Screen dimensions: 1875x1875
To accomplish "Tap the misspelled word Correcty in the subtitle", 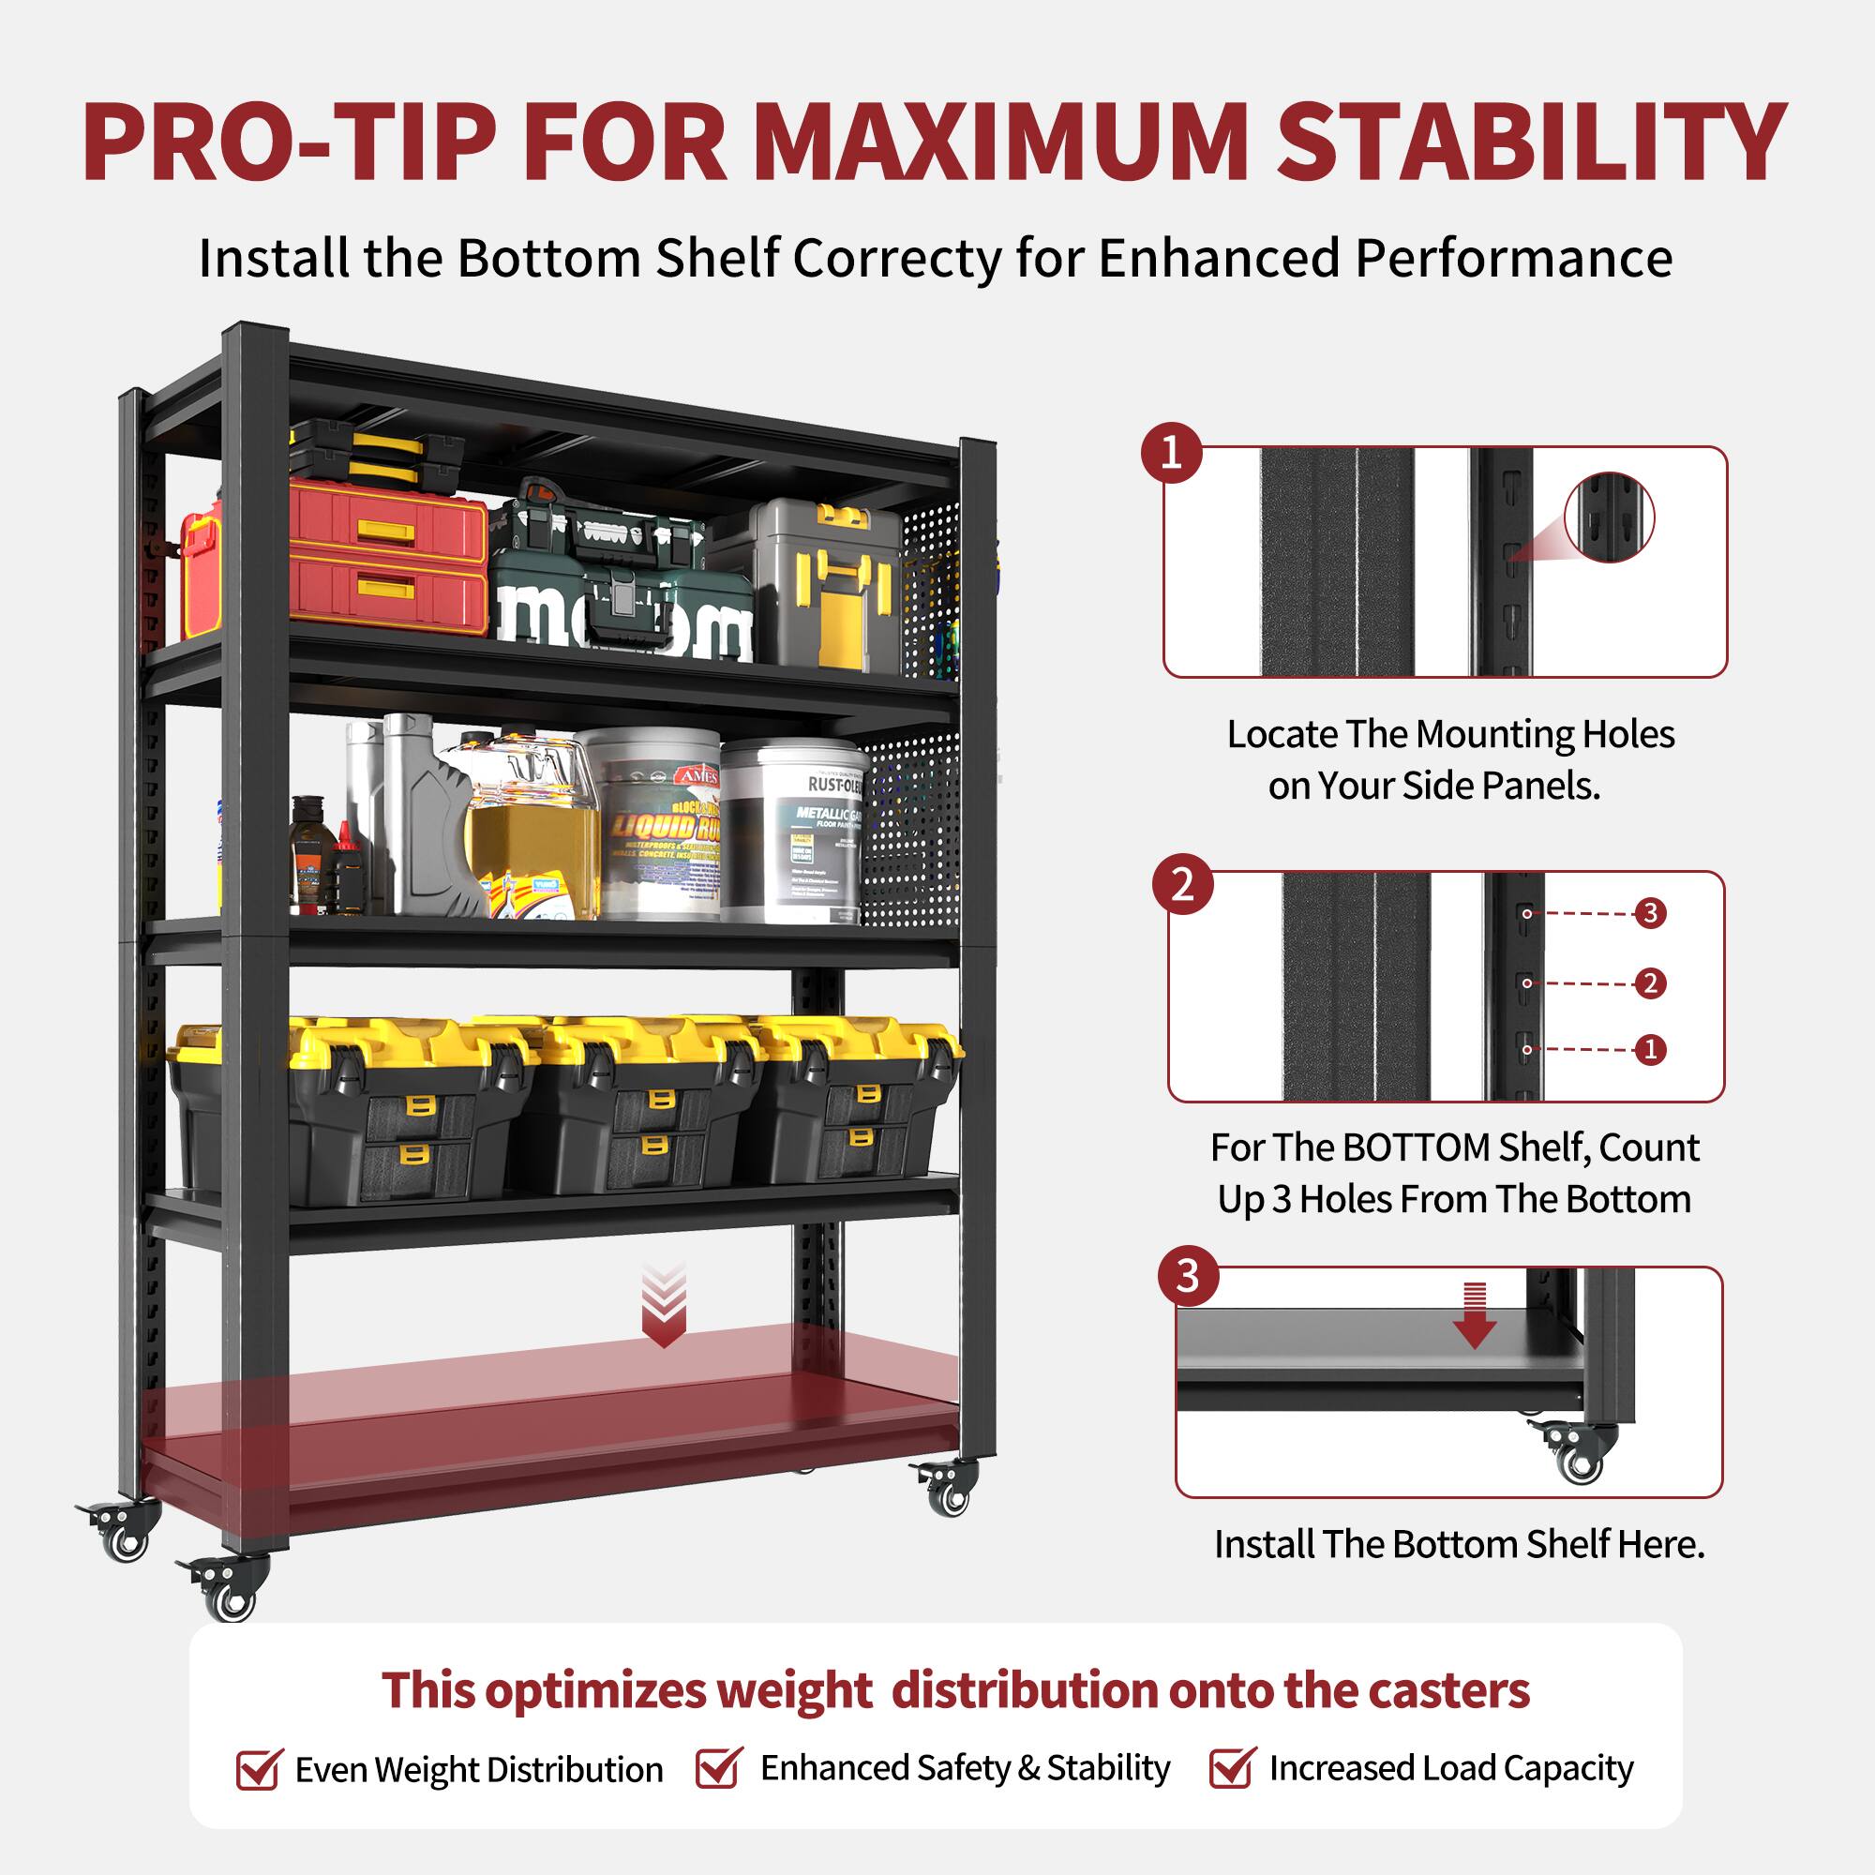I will click(x=897, y=259).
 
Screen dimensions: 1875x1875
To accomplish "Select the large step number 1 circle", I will click(x=1170, y=453).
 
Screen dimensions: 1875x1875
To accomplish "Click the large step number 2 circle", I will click(x=1182, y=884).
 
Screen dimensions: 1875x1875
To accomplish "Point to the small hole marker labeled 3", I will click(x=1650, y=913).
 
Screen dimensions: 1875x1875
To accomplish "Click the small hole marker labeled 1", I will click(x=1650, y=1049).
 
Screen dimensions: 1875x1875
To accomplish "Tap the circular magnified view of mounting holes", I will click(x=1609, y=517).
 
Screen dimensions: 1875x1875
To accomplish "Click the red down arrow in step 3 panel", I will click(x=1474, y=1316).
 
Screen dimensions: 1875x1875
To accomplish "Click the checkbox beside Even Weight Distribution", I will click(x=258, y=1769).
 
